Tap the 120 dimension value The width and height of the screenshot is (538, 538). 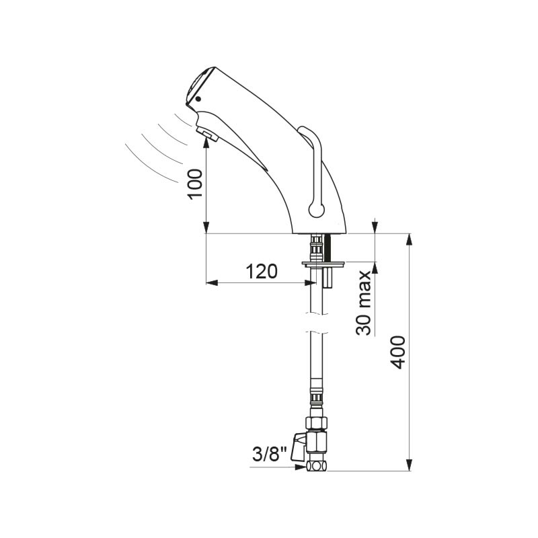point(262,272)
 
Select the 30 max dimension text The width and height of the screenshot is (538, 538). point(364,303)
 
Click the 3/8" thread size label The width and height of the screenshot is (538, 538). point(270,455)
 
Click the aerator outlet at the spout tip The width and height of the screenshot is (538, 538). point(208,134)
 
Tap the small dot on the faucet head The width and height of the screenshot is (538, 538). point(198,99)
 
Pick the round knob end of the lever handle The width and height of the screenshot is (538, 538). point(316,209)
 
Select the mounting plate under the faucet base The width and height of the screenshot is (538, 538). point(323,264)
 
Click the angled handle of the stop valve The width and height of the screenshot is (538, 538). point(298,447)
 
